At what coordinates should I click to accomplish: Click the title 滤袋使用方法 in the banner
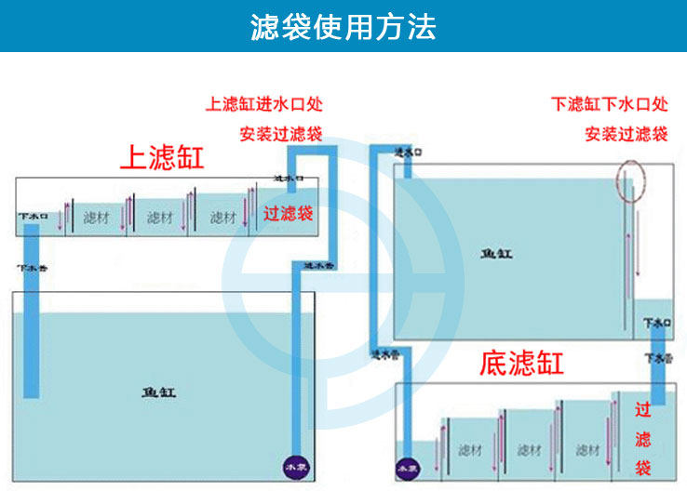(x=343, y=26)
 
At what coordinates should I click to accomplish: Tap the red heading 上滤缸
(x=162, y=156)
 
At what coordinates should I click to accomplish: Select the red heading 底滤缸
(x=522, y=362)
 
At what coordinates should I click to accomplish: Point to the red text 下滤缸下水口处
(x=610, y=103)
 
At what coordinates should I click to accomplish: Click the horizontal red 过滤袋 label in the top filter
(x=289, y=214)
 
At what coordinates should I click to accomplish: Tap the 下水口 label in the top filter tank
(x=32, y=216)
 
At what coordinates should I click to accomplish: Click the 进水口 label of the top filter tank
(x=287, y=178)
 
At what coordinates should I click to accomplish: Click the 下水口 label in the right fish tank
(x=656, y=323)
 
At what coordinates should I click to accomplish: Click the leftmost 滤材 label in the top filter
(x=96, y=218)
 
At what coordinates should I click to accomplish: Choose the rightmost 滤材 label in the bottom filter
(x=587, y=450)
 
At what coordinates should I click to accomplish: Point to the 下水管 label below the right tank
(x=656, y=357)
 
